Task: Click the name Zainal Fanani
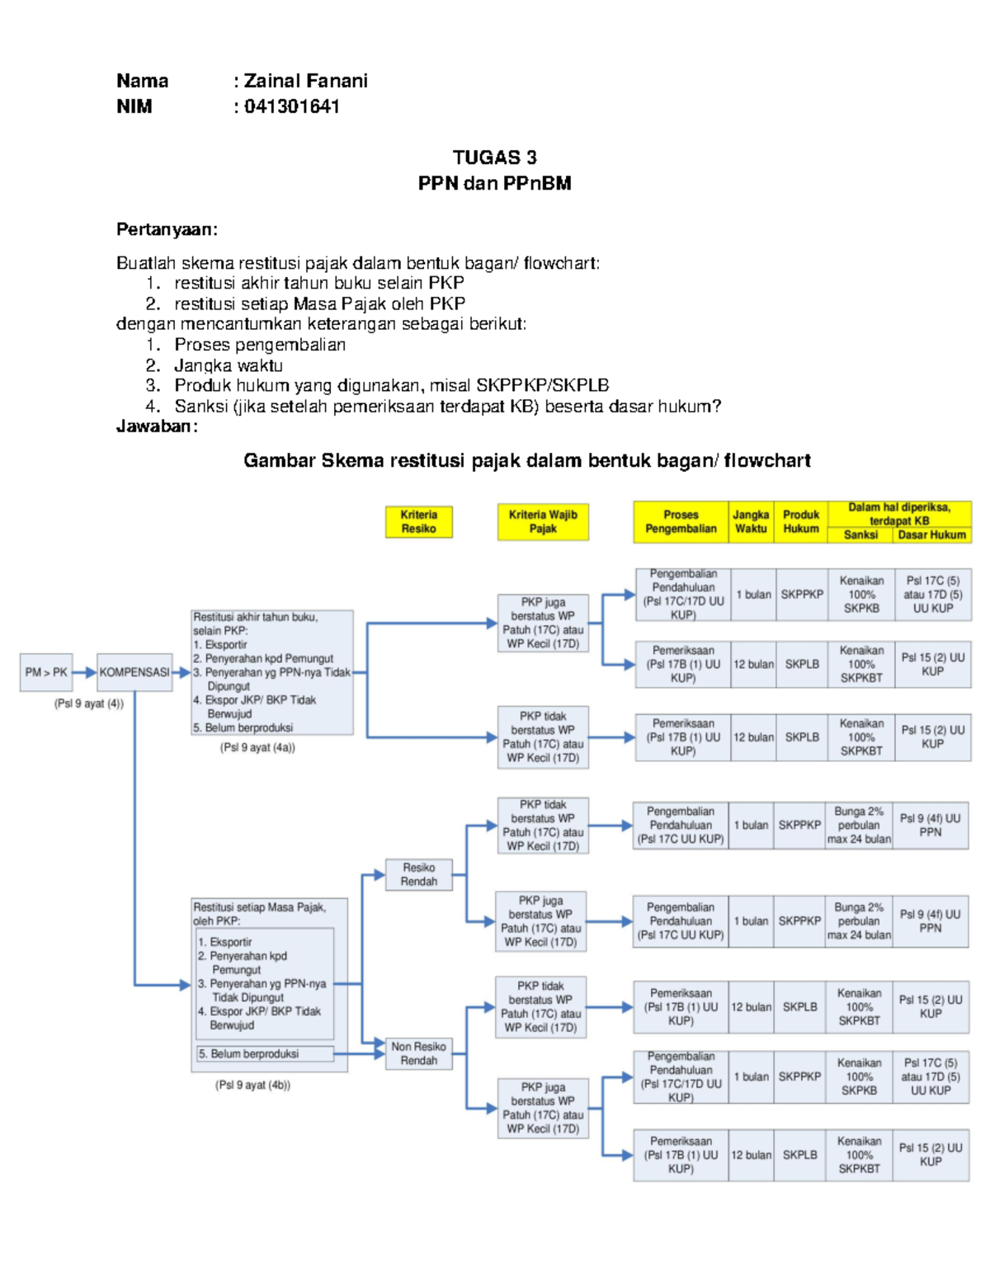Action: pyautogui.click(x=305, y=81)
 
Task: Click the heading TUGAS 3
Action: pyautogui.click(x=494, y=158)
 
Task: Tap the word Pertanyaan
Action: pyautogui.click(x=166, y=229)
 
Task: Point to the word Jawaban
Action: pyautogui.click(x=156, y=426)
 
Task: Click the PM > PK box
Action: pyautogui.click(x=46, y=672)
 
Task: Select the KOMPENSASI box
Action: pyautogui.click(x=134, y=672)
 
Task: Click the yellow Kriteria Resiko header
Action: pyautogui.click(x=418, y=521)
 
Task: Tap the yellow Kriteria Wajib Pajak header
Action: pyautogui.click(x=543, y=521)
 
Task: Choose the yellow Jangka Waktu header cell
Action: pyautogui.click(x=751, y=521)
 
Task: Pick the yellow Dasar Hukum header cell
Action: pyautogui.click(x=931, y=535)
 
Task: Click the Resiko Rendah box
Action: pyautogui.click(x=418, y=874)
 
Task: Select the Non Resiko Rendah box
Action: pyautogui.click(x=418, y=1053)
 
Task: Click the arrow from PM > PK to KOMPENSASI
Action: pyautogui.click(x=85, y=672)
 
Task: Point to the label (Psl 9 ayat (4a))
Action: pyautogui.click(x=257, y=747)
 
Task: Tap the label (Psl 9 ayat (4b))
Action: pyautogui.click(x=252, y=1085)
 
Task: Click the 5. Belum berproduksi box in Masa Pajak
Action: pyautogui.click(x=264, y=1053)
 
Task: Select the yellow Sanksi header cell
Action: pyautogui.click(x=860, y=535)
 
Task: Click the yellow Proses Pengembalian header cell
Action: pyautogui.click(x=681, y=521)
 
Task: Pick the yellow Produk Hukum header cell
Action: pyautogui.click(x=800, y=521)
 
